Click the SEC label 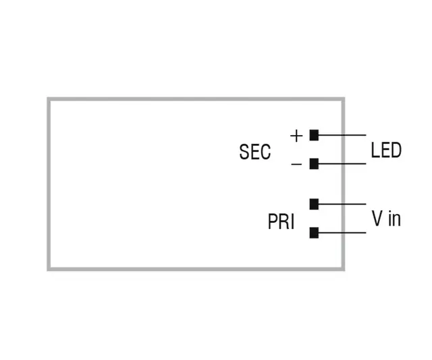coord(254,152)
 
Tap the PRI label coord(281,222)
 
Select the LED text coord(385,150)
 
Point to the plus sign coord(296,135)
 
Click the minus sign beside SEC coord(296,164)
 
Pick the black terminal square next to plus coord(314,135)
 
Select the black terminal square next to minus coord(314,163)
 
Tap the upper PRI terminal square coord(314,203)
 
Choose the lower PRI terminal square coord(314,233)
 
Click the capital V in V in coord(377,218)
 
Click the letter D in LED coord(396,150)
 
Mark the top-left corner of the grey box coord(49,99)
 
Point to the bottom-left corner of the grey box coord(49,269)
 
